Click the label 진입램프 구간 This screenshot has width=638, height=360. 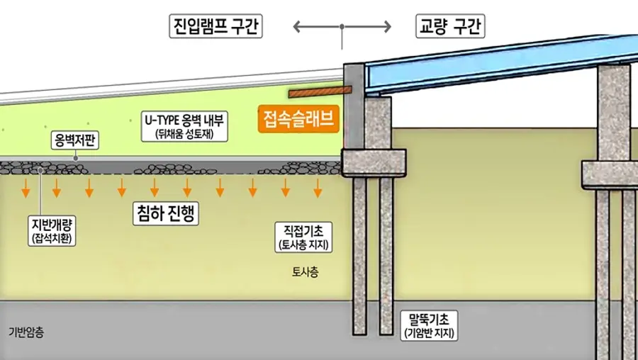click(216, 26)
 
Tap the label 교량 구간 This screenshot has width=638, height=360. click(450, 26)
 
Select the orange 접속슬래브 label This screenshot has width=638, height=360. click(298, 119)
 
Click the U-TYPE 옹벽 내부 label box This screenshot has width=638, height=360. click(184, 127)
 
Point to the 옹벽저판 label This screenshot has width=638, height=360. click(75, 140)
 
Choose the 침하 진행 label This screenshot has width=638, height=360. click(166, 213)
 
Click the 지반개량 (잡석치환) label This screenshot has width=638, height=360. click(52, 231)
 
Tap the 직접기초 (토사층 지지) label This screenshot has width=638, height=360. click(303, 237)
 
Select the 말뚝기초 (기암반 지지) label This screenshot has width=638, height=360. click(430, 326)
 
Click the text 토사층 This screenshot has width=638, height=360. click(305, 272)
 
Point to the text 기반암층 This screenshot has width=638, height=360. click(26, 332)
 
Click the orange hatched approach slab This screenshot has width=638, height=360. click(320, 91)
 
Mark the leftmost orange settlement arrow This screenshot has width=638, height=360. click(26, 188)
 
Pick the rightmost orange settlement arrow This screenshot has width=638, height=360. click(318, 188)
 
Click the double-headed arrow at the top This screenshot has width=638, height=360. click(342, 27)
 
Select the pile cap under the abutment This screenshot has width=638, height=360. click(374, 163)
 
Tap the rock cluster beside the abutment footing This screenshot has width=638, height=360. click(300, 168)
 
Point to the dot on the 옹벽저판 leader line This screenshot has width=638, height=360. click(76, 158)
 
